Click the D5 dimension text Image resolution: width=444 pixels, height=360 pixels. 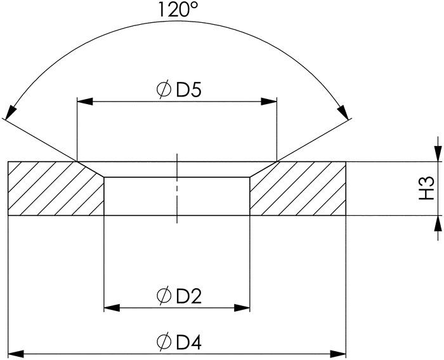click(188, 91)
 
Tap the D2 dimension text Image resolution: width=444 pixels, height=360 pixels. click(188, 297)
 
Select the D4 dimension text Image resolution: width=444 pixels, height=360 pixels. click(188, 342)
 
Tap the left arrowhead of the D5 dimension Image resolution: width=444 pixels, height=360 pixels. click(85, 102)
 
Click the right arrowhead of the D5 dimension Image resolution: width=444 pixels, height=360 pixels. click(269, 102)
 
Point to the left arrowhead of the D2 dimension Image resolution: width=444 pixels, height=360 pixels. click(112, 309)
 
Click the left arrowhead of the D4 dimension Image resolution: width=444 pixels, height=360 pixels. click(16, 352)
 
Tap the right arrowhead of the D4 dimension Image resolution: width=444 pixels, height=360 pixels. click(339, 352)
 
